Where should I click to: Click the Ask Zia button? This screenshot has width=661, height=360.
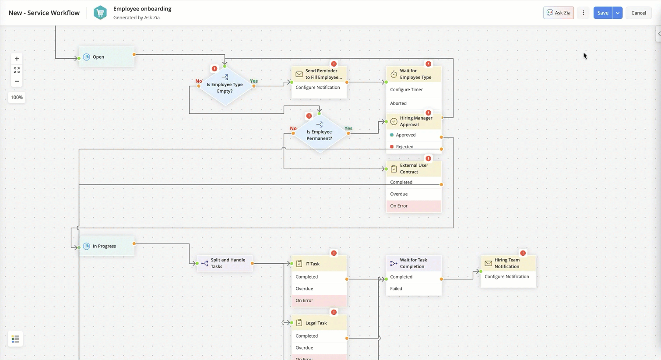[558, 13]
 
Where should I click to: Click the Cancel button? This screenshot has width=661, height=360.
[638, 13]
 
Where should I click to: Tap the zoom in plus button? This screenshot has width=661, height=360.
[17, 59]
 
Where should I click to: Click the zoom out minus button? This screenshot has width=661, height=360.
[17, 81]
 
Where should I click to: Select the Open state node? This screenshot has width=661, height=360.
[106, 57]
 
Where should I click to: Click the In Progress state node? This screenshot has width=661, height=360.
[106, 246]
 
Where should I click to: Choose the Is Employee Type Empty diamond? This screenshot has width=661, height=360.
[225, 87]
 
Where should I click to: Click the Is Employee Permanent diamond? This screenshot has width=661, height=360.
[320, 134]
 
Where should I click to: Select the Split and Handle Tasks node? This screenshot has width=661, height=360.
[225, 263]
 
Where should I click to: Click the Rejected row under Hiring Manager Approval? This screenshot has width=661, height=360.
[413, 147]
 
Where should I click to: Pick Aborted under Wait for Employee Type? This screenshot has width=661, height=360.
[413, 103]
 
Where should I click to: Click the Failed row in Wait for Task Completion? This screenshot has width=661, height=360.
[413, 289]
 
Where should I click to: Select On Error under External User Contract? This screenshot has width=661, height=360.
[413, 206]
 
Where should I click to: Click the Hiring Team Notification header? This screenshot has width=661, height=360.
[508, 263]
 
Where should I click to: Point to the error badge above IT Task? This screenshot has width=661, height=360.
[334, 253]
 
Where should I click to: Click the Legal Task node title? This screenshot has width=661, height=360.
[316, 323]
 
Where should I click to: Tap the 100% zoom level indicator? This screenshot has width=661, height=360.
[17, 97]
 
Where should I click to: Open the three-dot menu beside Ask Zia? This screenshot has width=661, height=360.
[583, 13]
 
